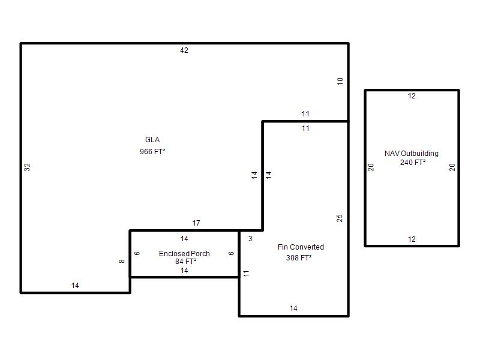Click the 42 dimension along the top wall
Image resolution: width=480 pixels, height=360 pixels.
tap(184, 50)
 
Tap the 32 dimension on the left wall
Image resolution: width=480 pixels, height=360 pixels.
tap(27, 167)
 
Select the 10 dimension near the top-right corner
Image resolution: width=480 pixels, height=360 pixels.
tap(340, 82)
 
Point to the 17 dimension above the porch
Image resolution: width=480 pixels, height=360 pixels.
tap(196, 223)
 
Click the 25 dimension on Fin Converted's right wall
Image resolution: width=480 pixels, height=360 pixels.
tap(339, 218)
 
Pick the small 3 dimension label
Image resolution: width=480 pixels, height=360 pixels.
tap(250, 238)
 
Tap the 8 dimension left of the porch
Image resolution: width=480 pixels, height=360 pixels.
tap(122, 261)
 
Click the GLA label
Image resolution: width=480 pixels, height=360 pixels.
tap(152, 140)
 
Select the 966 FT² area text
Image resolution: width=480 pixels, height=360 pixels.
tap(152, 151)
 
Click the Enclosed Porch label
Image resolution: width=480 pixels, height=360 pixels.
tap(184, 253)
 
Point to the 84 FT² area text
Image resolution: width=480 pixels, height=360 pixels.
tap(186, 261)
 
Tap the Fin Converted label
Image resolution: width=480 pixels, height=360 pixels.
tap(301, 247)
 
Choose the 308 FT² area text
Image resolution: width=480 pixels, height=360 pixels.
tap(299, 258)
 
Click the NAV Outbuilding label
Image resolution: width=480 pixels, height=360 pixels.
tap(412, 154)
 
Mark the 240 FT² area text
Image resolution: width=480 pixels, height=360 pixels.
tap(413, 162)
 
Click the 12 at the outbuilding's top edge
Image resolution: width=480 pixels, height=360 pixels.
tap(412, 96)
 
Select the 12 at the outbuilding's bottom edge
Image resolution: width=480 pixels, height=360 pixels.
tap(412, 239)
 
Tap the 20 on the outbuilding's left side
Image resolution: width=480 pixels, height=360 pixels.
tap(371, 167)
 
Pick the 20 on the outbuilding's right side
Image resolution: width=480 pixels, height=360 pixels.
tap(452, 167)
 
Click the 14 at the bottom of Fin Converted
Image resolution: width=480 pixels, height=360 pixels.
tap(293, 308)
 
